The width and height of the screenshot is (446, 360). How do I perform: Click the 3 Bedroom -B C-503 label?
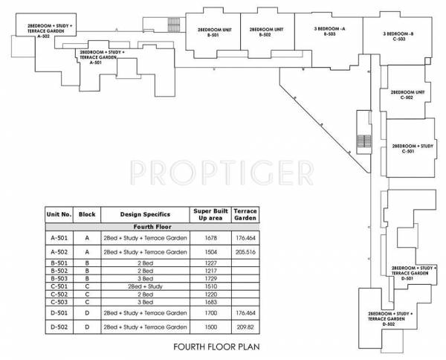(398, 36)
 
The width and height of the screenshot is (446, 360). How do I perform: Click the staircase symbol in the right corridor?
(363, 141)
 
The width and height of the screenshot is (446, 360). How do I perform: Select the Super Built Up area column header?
(208, 214)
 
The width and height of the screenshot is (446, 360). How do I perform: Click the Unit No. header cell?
(59, 214)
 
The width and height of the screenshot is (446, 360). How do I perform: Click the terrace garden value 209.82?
(245, 327)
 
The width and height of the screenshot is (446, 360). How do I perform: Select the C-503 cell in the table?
(59, 301)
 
